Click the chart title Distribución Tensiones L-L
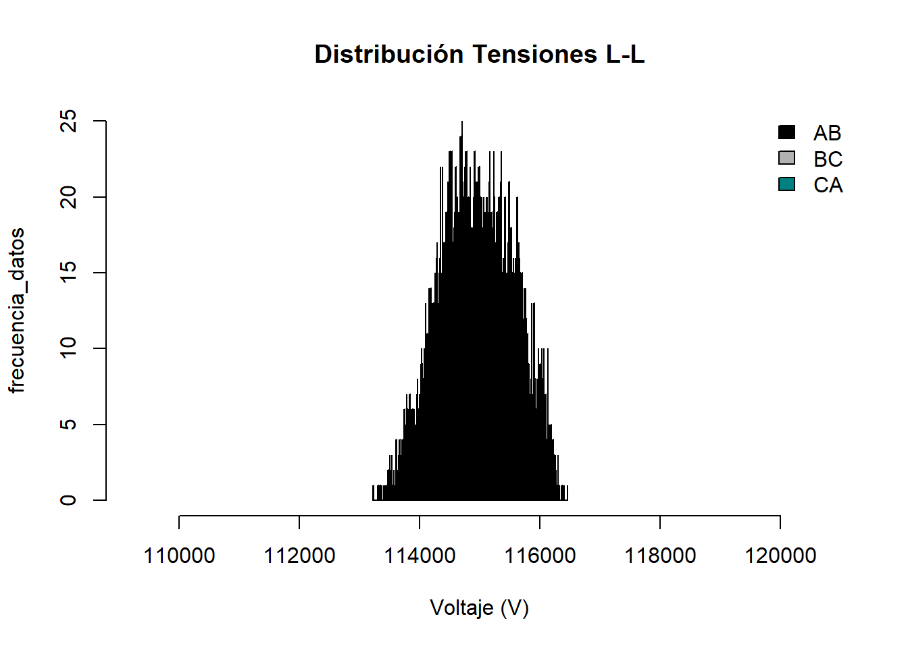[x=480, y=54]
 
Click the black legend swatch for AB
[x=786, y=132]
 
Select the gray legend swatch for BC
[x=786, y=158]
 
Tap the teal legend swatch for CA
[x=786, y=184]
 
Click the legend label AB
[x=828, y=133]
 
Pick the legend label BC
[x=828, y=159]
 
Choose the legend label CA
[x=828, y=185]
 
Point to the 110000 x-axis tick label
[x=179, y=556]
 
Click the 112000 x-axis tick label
[x=299, y=556]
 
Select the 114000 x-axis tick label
[x=420, y=556]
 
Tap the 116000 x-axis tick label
[x=540, y=556]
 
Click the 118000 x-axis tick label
[x=660, y=556]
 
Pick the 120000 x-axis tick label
[x=780, y=556]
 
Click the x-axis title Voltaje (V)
[x=480, y=608]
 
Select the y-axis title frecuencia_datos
[x=17, y=310]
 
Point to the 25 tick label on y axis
[x=68, y=122]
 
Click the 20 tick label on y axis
[x=68, y=197]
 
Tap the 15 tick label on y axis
[x=68, y=273]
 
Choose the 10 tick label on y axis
[x=68, y=348]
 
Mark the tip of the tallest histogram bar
[x=462, y=122]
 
